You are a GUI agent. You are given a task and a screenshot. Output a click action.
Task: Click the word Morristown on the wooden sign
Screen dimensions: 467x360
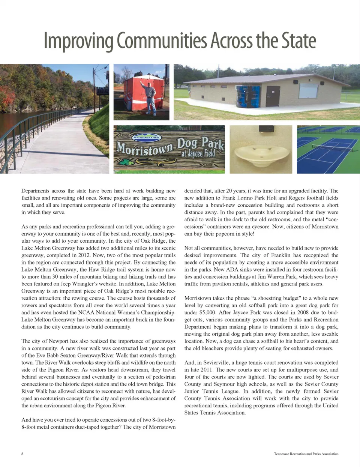coord(144,149)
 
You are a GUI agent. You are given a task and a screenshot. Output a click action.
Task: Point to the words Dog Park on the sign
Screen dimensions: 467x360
coord(200,143)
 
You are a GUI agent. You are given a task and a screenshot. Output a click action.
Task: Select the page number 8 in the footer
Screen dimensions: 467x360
coord(22,453)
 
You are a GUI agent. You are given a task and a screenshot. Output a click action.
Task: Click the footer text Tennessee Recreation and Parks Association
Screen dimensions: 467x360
coord(306,453)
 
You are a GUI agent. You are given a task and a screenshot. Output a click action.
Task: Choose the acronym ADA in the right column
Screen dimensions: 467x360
coord(232,270)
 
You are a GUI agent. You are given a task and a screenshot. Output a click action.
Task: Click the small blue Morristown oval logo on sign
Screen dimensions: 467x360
coord(147,137)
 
